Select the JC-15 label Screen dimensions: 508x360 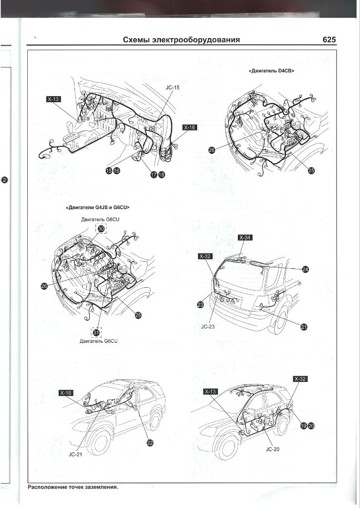(172, 87)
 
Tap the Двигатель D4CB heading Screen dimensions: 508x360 (272, 71)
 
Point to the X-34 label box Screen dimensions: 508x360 (245, 238)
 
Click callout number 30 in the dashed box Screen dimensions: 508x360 (101, 229)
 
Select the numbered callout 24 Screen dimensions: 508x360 (306, 269)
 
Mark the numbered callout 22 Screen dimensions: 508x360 (149, 443)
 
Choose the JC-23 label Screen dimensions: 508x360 (208, 327)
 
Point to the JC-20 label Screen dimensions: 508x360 (273, 450)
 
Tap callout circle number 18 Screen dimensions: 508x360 (161, 175)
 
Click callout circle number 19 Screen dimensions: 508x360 (304, 425)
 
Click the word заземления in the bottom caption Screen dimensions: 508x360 (99, 487)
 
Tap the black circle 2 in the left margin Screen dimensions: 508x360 (4, 180)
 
